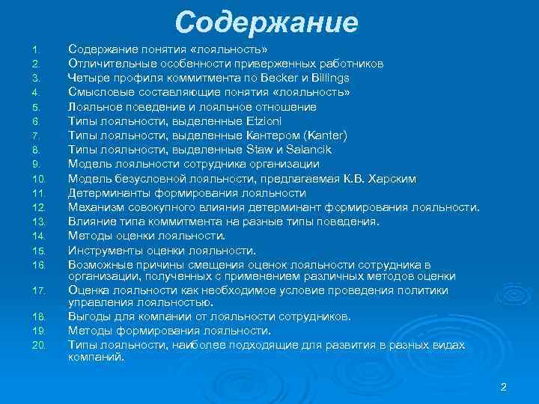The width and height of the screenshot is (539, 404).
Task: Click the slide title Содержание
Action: point(267,22)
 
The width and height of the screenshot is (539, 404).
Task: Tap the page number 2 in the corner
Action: point(504,387)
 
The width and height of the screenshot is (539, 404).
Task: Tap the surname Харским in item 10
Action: point(392,179)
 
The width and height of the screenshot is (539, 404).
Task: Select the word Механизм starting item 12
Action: point(95,207)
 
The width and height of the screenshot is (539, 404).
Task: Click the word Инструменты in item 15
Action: point(106,251)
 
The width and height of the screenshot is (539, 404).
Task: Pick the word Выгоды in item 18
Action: point(89,316)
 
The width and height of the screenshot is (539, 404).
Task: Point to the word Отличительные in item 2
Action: point(112,64)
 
